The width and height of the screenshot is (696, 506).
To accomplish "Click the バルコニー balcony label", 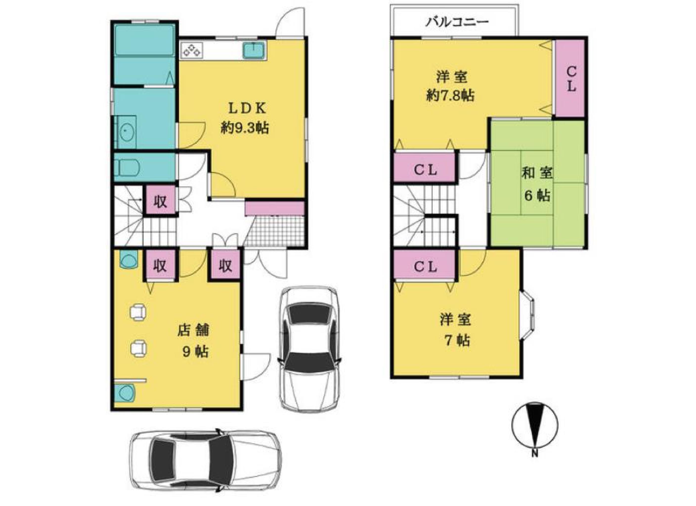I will point(456,22).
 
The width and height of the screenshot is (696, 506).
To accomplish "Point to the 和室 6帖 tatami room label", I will point(537,184).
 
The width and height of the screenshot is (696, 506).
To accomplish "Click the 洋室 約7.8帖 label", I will point(451,86).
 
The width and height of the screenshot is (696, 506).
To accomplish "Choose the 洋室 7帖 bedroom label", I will point(455,330).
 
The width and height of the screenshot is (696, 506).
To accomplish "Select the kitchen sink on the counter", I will point(254,50).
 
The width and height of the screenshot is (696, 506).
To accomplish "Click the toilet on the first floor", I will point(128,168).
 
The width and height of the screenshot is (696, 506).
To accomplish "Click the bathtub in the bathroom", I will point(144,40).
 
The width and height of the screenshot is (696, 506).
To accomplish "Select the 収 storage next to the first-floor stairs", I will point(160,201).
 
